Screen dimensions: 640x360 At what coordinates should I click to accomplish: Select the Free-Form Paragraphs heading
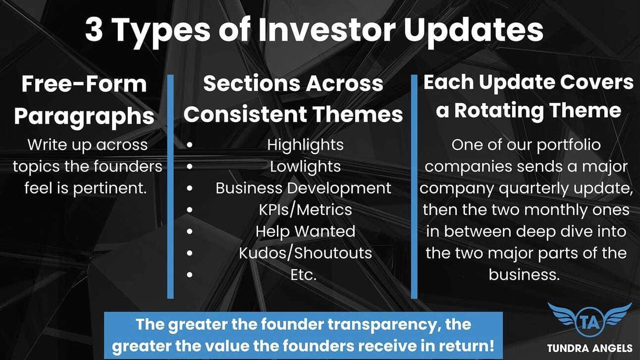84,100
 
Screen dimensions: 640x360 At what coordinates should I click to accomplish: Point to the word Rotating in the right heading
499,110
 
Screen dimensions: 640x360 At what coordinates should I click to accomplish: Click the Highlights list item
305,145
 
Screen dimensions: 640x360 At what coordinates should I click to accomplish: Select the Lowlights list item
305,166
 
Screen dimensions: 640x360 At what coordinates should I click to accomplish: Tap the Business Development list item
304,188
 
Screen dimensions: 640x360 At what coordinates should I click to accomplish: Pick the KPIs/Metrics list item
305,210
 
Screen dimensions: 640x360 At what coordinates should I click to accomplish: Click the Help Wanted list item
305,231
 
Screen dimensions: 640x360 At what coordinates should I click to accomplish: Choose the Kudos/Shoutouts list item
305,253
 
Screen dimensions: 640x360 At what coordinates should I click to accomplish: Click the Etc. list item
304,275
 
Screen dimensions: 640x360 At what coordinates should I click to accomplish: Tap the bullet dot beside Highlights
190,145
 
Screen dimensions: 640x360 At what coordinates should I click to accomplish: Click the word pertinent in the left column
109,188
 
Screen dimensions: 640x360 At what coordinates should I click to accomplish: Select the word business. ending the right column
524,275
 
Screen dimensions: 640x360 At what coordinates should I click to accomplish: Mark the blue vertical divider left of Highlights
170,187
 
